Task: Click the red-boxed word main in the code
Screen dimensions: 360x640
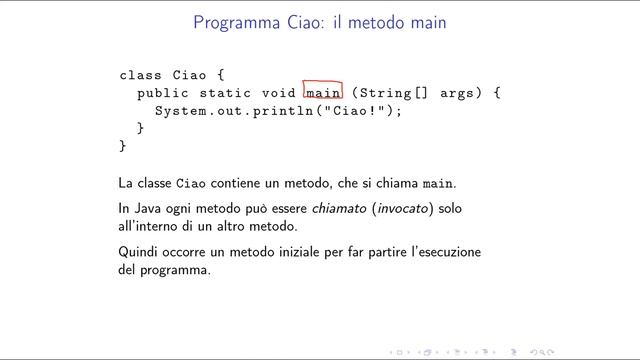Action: pyautogui.click(x=323, y=93)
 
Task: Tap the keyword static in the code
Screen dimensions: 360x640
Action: pyautogui.click(x=223, y=93)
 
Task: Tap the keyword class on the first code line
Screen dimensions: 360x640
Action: pyautogui.click(x=140, y=75)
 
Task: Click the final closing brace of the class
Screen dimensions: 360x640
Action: pyautogui.click(x=123, y=146)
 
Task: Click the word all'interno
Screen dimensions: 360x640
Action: pyautogui.click(x=146, y=227)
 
